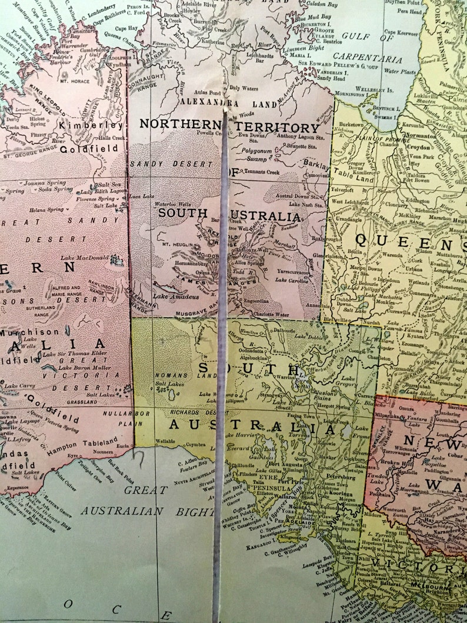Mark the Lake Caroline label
click(291, 280)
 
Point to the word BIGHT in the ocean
click(195, 512)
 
